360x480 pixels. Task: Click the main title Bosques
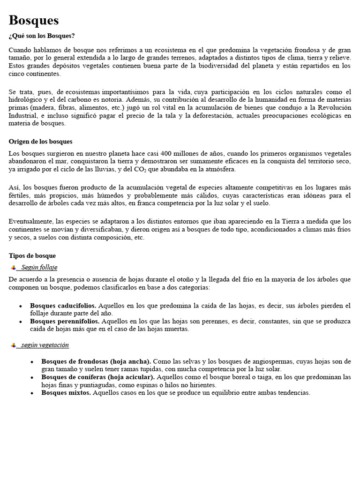coord(34,20)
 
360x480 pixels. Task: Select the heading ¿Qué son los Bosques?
coord(42,36)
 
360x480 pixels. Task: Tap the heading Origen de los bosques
coord(41,141)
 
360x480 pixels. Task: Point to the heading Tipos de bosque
coord(32,255)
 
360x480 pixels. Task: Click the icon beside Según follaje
coord(13,267)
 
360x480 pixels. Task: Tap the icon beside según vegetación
coord(13,345)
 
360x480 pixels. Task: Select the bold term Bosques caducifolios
coord(63,306)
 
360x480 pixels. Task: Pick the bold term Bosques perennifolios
coord(65,322)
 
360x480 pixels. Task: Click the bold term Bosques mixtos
coord(66,393)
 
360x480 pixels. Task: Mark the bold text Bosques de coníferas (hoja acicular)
coord(97,377)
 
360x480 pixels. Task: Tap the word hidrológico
coord(26,99)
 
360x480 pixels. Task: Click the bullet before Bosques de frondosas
coord(31,362)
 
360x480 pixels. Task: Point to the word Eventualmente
coord(29,221)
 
